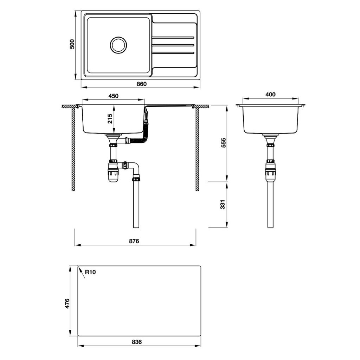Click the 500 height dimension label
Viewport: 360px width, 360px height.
click(72, 44)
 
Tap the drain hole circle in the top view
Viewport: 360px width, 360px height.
click(118, 45)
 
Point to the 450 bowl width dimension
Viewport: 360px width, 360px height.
click(113, 96)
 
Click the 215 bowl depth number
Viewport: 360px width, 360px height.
click(110, 118)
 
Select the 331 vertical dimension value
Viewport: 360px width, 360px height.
click(223, 205)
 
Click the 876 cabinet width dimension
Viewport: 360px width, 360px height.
click(134, 241)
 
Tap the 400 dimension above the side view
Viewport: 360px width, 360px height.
click(270, 95)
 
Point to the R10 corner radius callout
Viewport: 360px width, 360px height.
click(91, 271)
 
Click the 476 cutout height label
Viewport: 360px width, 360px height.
click(67, 303)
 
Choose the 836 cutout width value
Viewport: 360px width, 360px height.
click(137, 342)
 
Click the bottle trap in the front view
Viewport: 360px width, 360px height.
click(113, 172)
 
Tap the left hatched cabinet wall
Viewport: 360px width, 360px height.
click(73, 149)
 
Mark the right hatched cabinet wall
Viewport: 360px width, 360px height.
click(197, 149)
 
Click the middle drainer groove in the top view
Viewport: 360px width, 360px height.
click(173, 45)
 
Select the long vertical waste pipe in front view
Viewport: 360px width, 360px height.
click(136, 204)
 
